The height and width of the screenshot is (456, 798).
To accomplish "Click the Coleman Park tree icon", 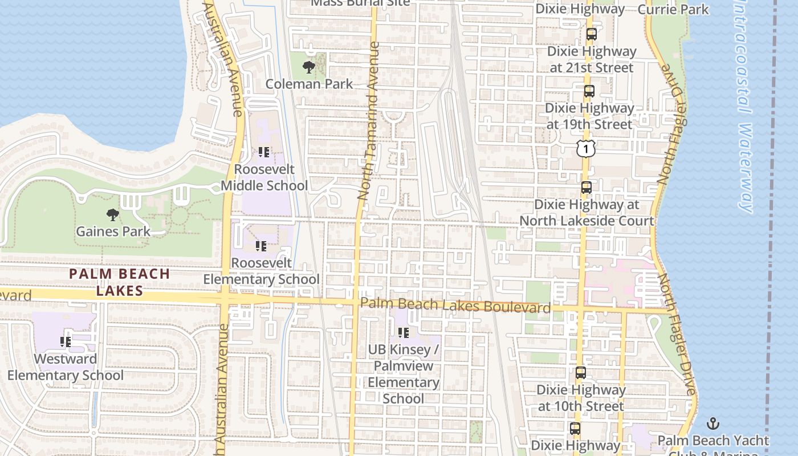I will pyautogui.click(x=308, y=68).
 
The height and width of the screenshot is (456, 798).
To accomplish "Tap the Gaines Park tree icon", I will pyautogui.click(x=113, y=215).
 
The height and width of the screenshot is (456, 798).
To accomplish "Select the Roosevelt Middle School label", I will pyautogui.click(x=264, y=177).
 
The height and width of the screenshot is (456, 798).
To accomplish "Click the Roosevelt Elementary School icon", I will pyautogui.click(x=261, y=246).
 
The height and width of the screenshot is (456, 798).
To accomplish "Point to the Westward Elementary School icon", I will pyautogui.click(x=65, y=342).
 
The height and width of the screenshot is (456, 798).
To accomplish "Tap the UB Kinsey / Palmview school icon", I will pyautogui.click(x=404, y=332).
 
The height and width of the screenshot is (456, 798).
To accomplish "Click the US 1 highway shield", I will pyautogui.click(x=585, y=148).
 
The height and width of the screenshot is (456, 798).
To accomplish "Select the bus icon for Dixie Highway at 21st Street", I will pyautogui.click(x=591, y=34).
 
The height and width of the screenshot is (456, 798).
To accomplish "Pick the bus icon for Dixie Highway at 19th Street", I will pyautogui.click(x=589, y=91).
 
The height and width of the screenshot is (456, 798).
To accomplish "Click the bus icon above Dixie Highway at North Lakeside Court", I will pyautogui.click(x=586, y=187).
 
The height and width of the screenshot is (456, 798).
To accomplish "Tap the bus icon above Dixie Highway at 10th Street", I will pyautogui.click(x=580, y=373).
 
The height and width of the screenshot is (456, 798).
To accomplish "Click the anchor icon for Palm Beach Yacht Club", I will pyautogui.click(x=712, y=424).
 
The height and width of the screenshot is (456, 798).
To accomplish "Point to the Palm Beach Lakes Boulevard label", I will pyautogui.click(x=455, y=306).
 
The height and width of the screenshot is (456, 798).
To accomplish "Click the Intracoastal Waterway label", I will pyautogui.click(x=743, y=108).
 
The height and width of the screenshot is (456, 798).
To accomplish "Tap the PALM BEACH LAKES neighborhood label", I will pyautogui.click(x=120, y=282).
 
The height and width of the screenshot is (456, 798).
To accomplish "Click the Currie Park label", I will pyautogui.click(x=673, y=9).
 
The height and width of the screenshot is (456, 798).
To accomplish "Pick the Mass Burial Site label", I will pyautogui.click(x=360, y=2).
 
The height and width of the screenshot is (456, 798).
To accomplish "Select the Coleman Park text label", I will pyautogui.click(x=310, y=84).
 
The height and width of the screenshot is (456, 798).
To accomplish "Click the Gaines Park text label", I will pyautogui.click(x=113, y=231).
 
